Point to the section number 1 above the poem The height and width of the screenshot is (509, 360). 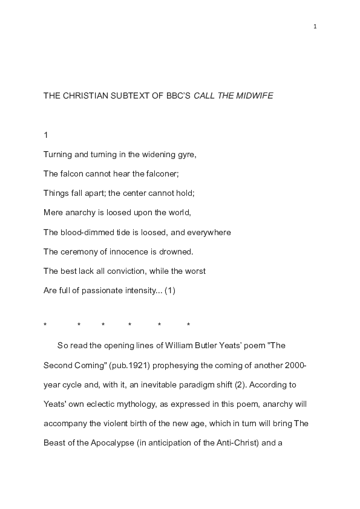(46, 135)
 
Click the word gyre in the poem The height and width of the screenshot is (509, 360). (185, 154)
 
